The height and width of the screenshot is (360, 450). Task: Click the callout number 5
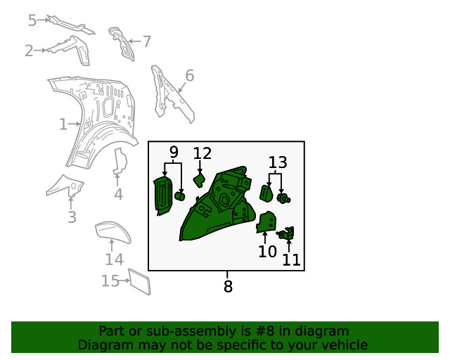click(x=32, y=20)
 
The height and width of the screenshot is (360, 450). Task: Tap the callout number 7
click(x=147, y=41)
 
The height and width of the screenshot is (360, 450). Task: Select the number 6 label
click(x=189, y=75)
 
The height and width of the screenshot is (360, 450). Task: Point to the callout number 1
click(x=63, y=124)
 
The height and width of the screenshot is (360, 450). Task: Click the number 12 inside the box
click(x=202, y=153)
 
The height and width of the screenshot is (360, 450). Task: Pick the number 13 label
click(x=278, y=162)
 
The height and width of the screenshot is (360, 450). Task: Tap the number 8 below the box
click(x=228, y=286)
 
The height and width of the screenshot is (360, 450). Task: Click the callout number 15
click(x=110, y=281)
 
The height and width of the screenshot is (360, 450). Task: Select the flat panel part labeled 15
click(x=139, y=282)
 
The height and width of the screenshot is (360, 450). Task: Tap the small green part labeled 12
click(x=200, y=179)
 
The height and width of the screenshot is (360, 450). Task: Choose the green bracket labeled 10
click(x=266, y=222)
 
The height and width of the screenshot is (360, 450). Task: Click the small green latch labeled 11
click(x=286, y=233)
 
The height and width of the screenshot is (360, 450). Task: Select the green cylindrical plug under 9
click(x=179, y=196)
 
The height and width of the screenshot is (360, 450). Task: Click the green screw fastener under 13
click(x=283, y=198)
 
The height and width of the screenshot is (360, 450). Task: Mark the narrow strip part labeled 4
click(x=120, y=161)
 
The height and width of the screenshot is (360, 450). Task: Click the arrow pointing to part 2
click(x=40, y=50)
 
